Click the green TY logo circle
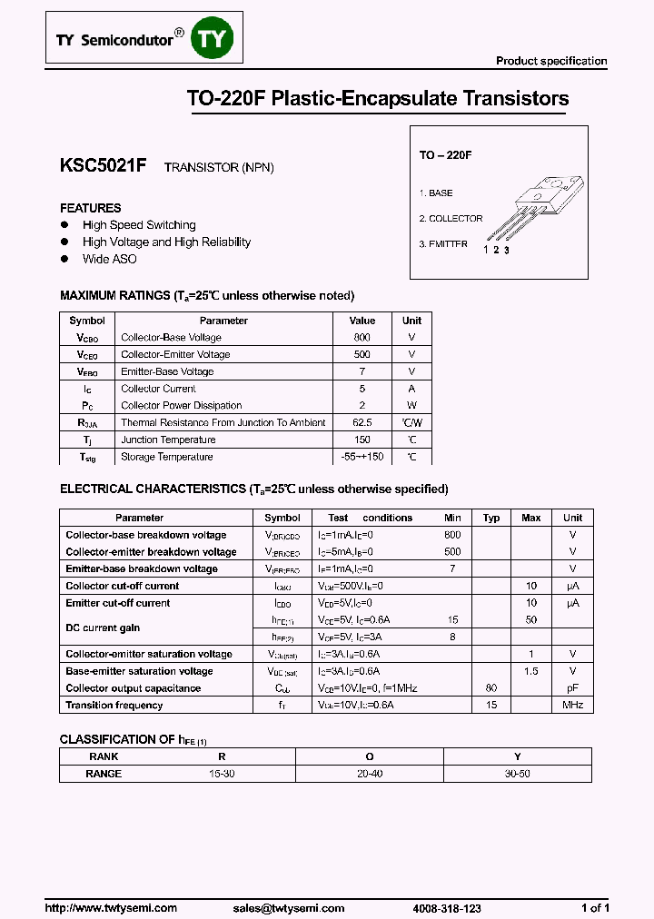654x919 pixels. click(213, 39)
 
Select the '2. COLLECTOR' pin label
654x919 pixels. click(451, 219)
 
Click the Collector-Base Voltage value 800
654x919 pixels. click(362, 338)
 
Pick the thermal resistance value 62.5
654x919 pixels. click(362, 423)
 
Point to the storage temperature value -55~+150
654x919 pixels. click(362, 458)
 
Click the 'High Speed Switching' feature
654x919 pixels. click(139, 225)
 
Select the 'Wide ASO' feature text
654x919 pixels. click(109, 260)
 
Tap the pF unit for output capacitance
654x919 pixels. click(572, 688)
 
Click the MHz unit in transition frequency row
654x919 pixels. click(572, 706)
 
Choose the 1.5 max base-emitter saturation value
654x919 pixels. click(530, 671)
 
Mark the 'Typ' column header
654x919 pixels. click(491, 518)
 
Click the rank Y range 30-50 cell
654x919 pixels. click(517, 774)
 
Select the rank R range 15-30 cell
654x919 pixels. click(222, 774)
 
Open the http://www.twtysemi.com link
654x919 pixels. click(111, 908)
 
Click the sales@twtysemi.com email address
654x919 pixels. click(289, 908)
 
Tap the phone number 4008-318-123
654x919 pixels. click(447, 908)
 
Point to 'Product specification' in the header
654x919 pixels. click(550, 61)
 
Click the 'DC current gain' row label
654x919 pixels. click(103, 628)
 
